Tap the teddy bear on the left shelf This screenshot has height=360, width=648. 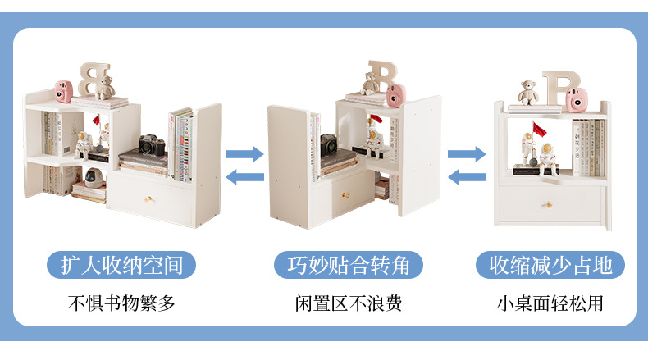[x=104, y=88]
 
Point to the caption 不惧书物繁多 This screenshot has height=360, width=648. [x=121, y=303]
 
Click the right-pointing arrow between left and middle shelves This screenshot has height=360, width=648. [x=244, y=153]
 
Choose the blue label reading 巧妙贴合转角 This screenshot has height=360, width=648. [x=349, y=265]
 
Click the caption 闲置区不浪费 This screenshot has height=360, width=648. [x=349, y=303]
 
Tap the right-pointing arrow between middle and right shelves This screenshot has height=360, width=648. [x=467, y=153]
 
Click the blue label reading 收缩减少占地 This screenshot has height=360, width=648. [x=551, y=265]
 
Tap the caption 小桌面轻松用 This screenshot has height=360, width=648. [x=551, y=303]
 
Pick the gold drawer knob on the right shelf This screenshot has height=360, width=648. [x=548, y=202]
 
